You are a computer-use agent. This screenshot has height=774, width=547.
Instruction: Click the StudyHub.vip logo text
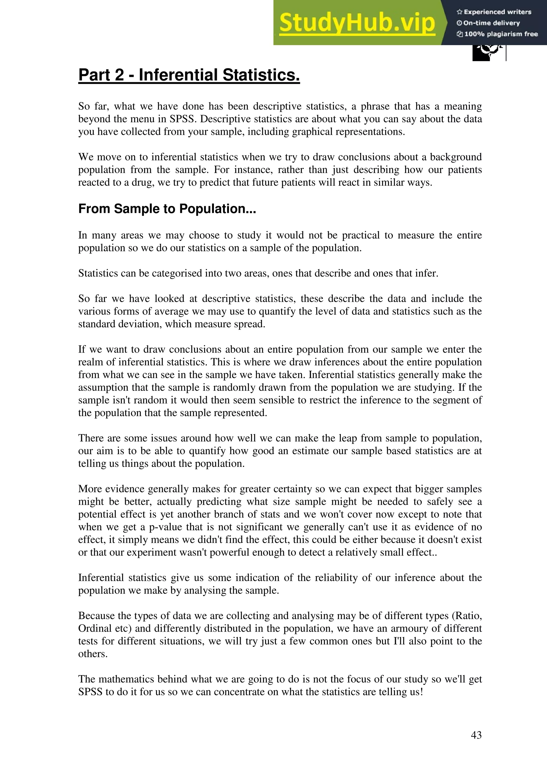[357, 23]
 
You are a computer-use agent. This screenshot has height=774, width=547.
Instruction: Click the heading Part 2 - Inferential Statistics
[189, 75]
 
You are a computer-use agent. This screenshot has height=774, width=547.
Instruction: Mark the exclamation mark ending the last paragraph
[421, 692]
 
